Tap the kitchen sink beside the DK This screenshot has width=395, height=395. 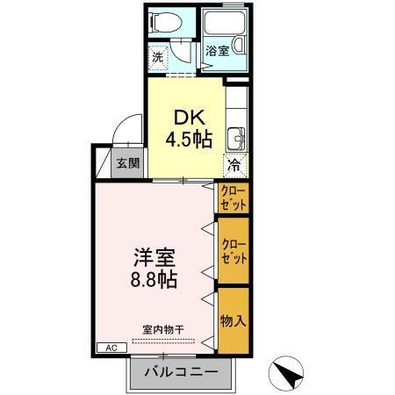235,138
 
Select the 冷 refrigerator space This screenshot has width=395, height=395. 234,163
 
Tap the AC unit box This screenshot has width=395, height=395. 111,348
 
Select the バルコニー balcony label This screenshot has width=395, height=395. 180,373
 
